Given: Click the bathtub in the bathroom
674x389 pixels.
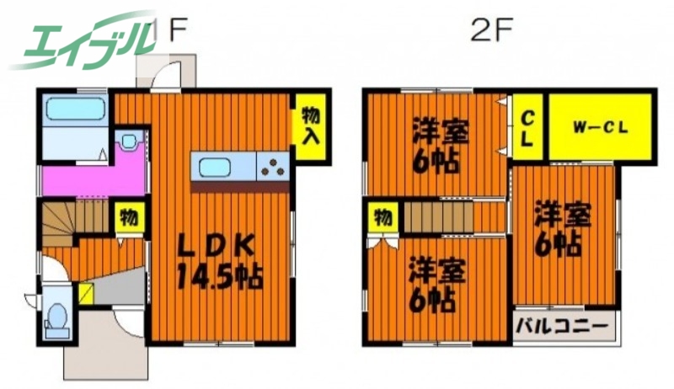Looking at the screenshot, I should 73,110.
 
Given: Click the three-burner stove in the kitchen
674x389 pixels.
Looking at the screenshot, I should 274,166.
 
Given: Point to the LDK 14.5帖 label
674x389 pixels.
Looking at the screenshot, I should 218,262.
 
